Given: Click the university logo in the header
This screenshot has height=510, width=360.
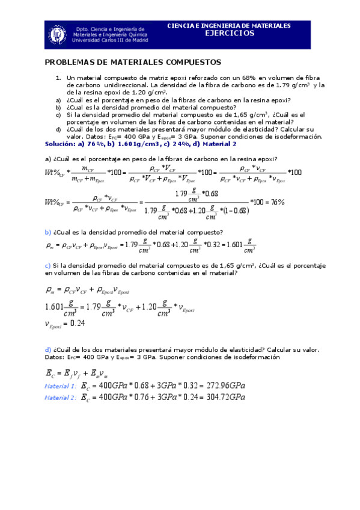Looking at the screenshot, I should [58, 34].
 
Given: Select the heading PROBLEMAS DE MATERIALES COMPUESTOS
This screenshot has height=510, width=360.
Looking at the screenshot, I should [133, 62].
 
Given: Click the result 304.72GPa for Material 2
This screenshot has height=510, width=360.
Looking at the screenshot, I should [224, 398].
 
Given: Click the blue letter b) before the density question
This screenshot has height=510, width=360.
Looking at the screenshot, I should [48, 232].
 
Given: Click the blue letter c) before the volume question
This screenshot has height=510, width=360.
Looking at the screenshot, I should [48, 265].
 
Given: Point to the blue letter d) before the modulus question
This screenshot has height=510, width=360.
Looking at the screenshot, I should [48, 349].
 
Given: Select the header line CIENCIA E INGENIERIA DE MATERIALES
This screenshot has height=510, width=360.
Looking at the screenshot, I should [228, 26].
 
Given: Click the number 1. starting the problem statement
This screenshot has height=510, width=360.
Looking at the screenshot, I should [58, 78].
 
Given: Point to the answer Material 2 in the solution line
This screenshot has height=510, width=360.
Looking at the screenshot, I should [219, 145].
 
